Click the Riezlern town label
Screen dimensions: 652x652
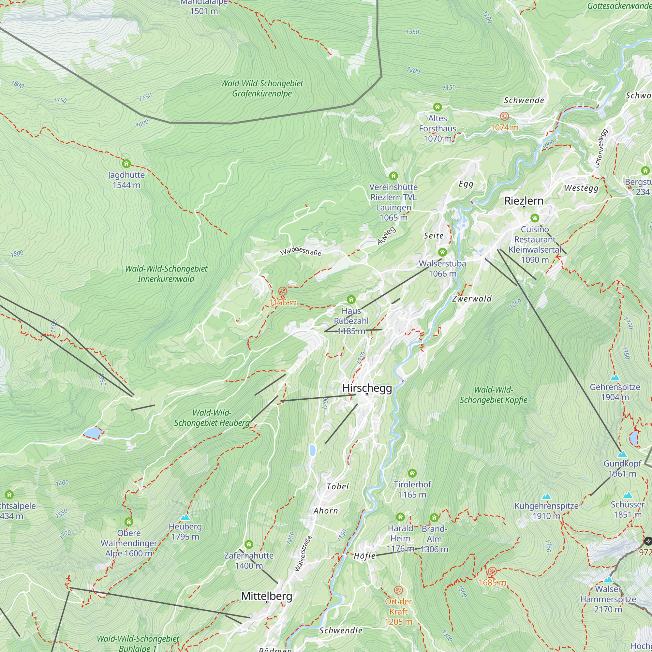click(x=524, y=201)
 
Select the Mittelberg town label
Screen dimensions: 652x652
click(x=267, y=596)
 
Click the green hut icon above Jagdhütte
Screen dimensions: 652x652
click(x=126, y=164)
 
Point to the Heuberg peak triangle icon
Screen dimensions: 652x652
click(x=185, y=517)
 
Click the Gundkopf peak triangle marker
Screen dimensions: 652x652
click(x=622, y=454)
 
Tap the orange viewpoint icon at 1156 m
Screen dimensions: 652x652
click(x=282, y=291)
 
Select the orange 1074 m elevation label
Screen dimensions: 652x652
click(x=504, y=127)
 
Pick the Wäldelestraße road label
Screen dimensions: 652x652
click(x=300, y=251)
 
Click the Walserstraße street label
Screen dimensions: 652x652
click(x=303, y=554)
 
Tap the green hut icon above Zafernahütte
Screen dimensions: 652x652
click(x=249, y=544)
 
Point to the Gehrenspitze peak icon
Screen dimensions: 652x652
click(x=615, y=378)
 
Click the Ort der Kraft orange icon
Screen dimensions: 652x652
click(x=398, y=590)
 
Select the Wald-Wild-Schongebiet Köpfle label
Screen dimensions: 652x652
click(x=493, y=395)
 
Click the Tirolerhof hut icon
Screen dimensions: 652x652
click(x=412, y=473)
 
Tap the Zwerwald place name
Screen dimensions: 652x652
click(x=472, y=299)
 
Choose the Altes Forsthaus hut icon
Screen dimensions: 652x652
click(x=437, y=107)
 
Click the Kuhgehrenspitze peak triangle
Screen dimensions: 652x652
click(x=546, y=496)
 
